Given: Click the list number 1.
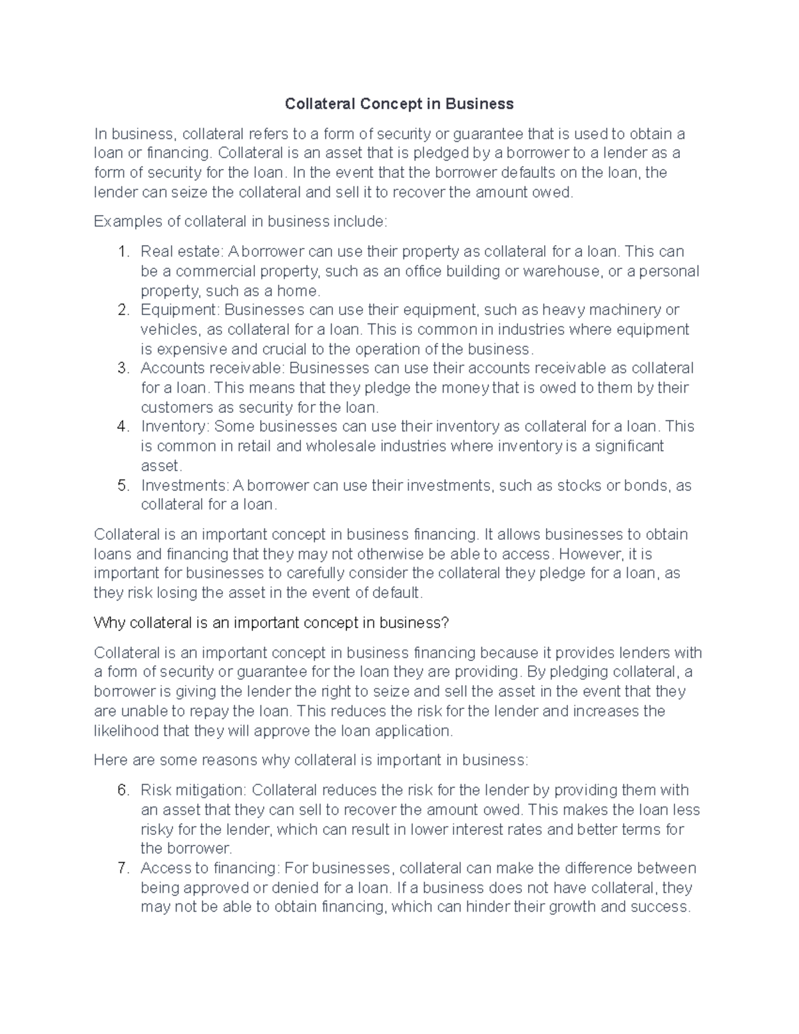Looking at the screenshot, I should (122, 252).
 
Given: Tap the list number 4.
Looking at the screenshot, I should (122, 426).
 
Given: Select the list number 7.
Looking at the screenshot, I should (122, 868).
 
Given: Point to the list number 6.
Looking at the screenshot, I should (122, 790).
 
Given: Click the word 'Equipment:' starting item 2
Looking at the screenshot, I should (179, 310).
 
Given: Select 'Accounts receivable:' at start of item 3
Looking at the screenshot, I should (212, 368).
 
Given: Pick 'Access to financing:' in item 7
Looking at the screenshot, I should (210, 868).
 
